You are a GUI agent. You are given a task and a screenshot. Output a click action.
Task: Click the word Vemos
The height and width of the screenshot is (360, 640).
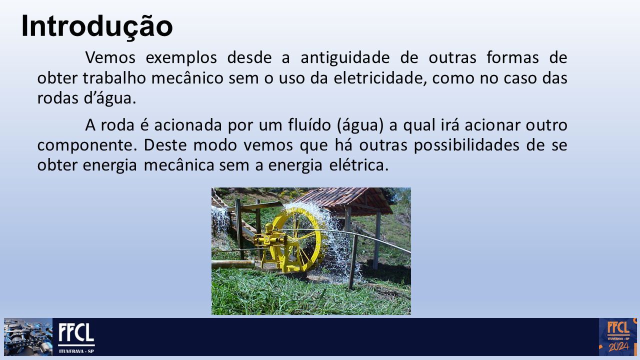pyautogui.click(x=110, y=57)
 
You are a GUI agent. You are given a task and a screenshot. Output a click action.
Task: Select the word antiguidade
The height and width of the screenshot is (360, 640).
pyautogui.click(x=345, y=57)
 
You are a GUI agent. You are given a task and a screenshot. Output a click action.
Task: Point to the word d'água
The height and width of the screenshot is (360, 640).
pyautogui.click(x=110, y=98)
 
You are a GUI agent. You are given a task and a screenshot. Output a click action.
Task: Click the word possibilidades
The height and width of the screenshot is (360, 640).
pyautogui.click(x=466, y=145)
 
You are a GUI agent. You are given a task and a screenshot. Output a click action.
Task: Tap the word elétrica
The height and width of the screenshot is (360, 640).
pyautogui.click(x=359, y=165)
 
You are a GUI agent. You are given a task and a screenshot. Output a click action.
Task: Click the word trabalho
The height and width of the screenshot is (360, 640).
pyautogui.click(x=114, y=78)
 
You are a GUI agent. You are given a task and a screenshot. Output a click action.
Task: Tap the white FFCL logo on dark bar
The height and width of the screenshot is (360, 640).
pyautogui.click(x=76, y=333)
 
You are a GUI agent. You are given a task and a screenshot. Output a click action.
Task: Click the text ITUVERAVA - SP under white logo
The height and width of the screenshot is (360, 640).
pyautogui.click(x=76, y=351)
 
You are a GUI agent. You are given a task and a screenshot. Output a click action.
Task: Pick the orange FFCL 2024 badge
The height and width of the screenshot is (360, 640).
pyautogui.click(x=617, y=337)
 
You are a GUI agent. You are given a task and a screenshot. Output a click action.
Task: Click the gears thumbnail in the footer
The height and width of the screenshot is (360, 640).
pyautogui.click(x=28, y=337)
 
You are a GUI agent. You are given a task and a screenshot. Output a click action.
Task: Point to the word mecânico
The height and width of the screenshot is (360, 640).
pyautogui.click(x=187, y=78)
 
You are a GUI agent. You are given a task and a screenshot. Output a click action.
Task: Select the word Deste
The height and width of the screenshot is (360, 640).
pyautogui.click(x=165, y=145)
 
